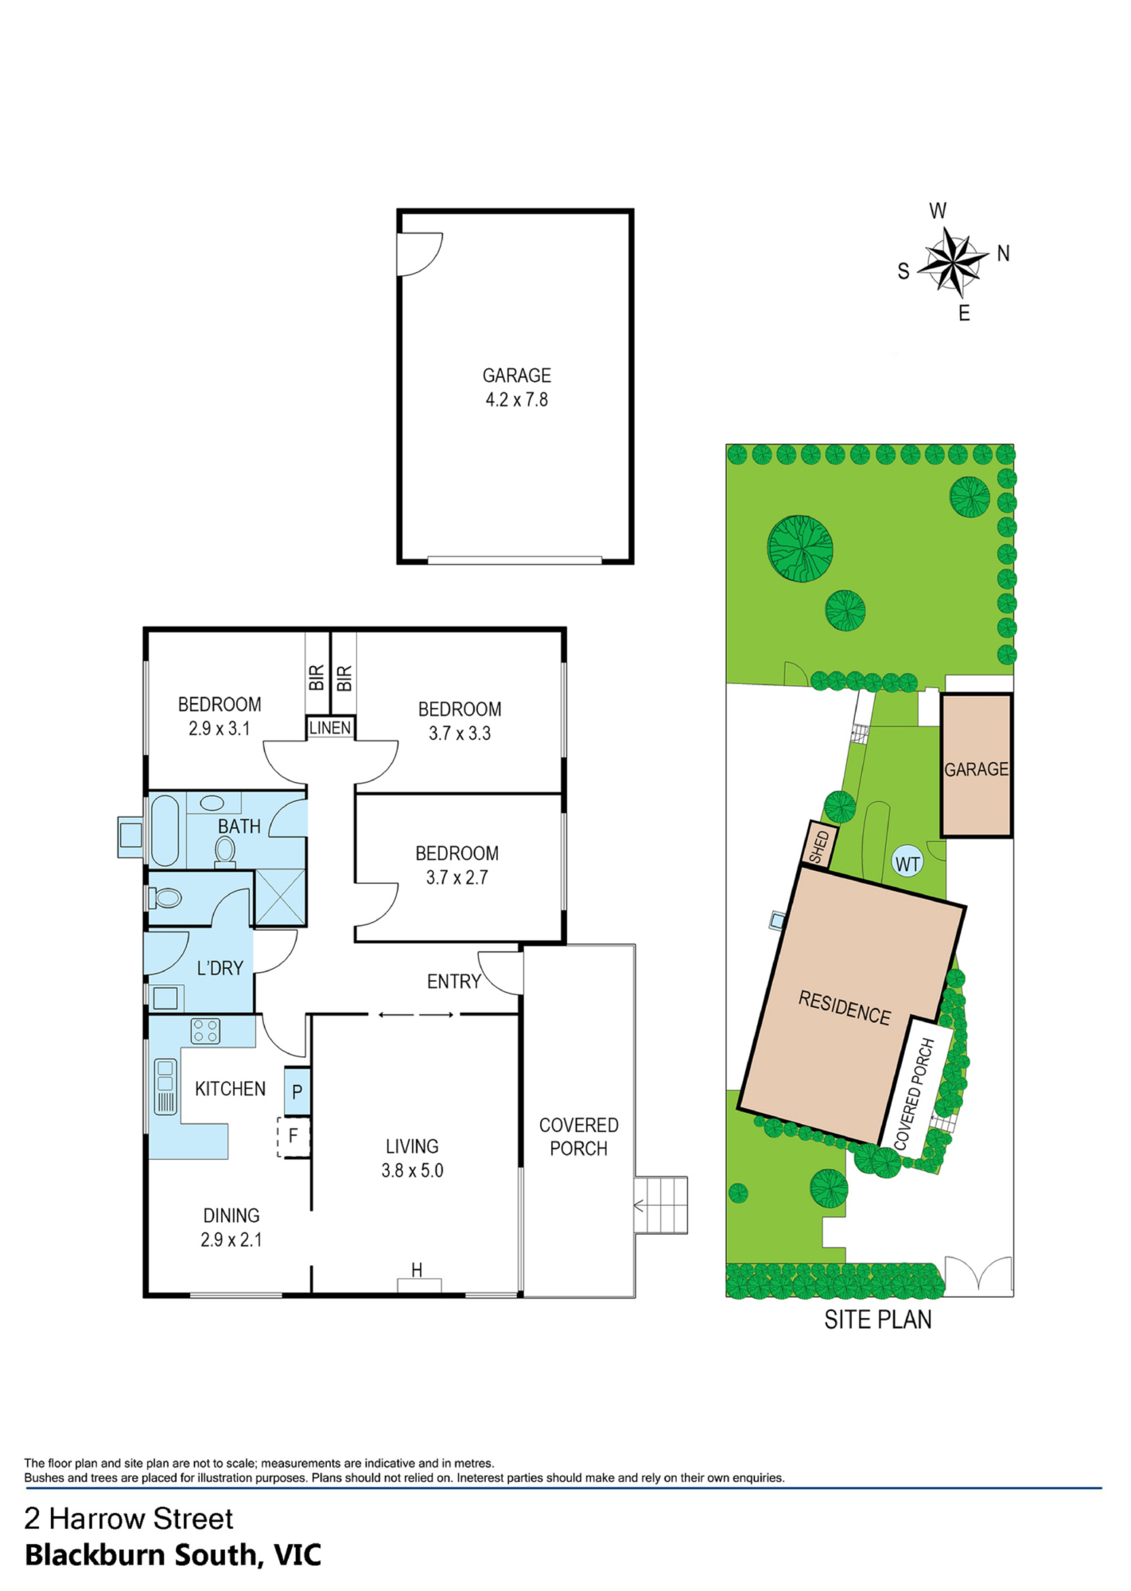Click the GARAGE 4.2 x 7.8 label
click(x=517, y=387)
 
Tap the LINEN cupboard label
click(x=330, y=728)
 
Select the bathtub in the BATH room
click(x=165, y=830)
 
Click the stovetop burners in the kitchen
click(x=205, y=1031)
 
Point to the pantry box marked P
click(x=297, y=1091)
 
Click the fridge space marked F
click(x=293, y=1137)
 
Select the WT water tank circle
click(x=908, y=864)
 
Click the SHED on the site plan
click(x=819, y=845)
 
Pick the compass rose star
click(x=952, y=260)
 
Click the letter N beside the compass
click(x=1004, y=254)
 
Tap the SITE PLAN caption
click(x=878, y=1320)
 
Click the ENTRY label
click(x=454, y=982)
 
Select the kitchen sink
click(x=165, y=1086)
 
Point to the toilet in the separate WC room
click(x=165, y=898)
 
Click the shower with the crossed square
click(x=280, y=897)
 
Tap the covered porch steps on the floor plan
click(x=661, y=1205)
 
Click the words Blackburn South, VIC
click(x=173, y=1554)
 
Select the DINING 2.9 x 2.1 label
click(x=231, y=1227)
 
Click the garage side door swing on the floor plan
click(x=419, y=254)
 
